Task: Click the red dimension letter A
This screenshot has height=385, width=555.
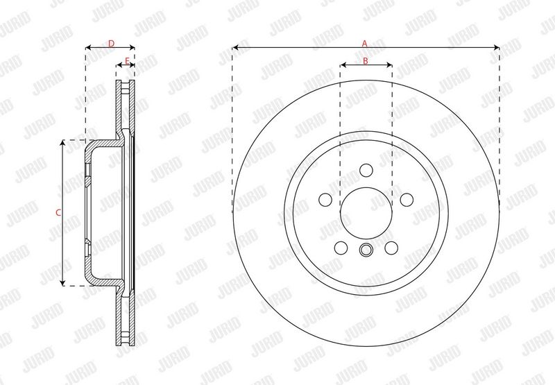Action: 365,44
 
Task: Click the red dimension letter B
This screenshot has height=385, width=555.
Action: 366,61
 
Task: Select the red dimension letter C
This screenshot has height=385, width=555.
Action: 58,213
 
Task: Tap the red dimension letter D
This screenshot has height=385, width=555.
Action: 111,44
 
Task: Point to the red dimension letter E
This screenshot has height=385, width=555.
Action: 127,61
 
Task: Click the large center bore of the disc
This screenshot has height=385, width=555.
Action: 366,213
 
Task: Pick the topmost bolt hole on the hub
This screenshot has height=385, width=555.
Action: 366,170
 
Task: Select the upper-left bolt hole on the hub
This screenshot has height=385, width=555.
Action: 325,200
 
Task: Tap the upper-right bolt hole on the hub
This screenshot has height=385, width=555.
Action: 407,200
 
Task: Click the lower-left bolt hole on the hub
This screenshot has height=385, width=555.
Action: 341,248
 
